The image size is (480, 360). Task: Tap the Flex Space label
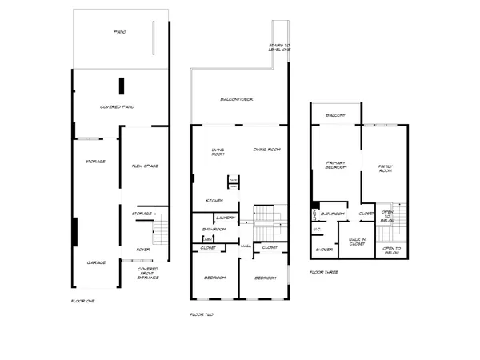(x=145, y=166)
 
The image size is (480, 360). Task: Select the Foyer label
(x=142, y=249)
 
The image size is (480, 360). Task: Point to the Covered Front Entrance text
(x=147, y=273)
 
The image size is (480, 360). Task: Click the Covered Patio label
(x=116, y=106)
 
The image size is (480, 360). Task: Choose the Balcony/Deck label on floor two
(x=237, y=99)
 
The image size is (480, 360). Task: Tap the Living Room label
(x=218, y=151)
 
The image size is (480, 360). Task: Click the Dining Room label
(x=266, y=150)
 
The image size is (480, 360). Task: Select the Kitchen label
(x=214, y=200)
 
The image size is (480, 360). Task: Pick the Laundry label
(x=225, y=218)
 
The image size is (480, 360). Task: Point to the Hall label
(x=246, y=246)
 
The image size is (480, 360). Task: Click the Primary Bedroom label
(x=335, y=165)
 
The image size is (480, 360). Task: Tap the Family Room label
(x=386, y=169)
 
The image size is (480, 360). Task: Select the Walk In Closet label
(x=357, y=242)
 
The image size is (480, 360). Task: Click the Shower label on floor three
(x=323, y=250)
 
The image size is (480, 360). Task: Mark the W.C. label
(x=317, y=229)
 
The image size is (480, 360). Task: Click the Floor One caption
(x=83, y=300)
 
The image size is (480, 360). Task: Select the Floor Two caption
(x=202, y=314)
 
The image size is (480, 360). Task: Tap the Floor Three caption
(x=324, y=272)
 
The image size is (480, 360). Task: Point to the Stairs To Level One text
(x=280, y=47)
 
